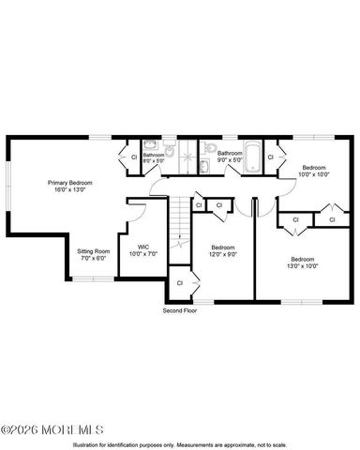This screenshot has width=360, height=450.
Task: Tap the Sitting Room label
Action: [x=93, y=251]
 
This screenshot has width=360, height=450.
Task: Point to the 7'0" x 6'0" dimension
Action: [x=93, y=259]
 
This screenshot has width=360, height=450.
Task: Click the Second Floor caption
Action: [x=179, y=309]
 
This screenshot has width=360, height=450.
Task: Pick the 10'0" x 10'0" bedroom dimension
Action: [x=314, y=172]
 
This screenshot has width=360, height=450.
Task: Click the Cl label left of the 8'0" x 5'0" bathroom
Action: [x=133, y=157]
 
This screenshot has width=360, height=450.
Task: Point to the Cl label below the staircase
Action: [x=179, y=281]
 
